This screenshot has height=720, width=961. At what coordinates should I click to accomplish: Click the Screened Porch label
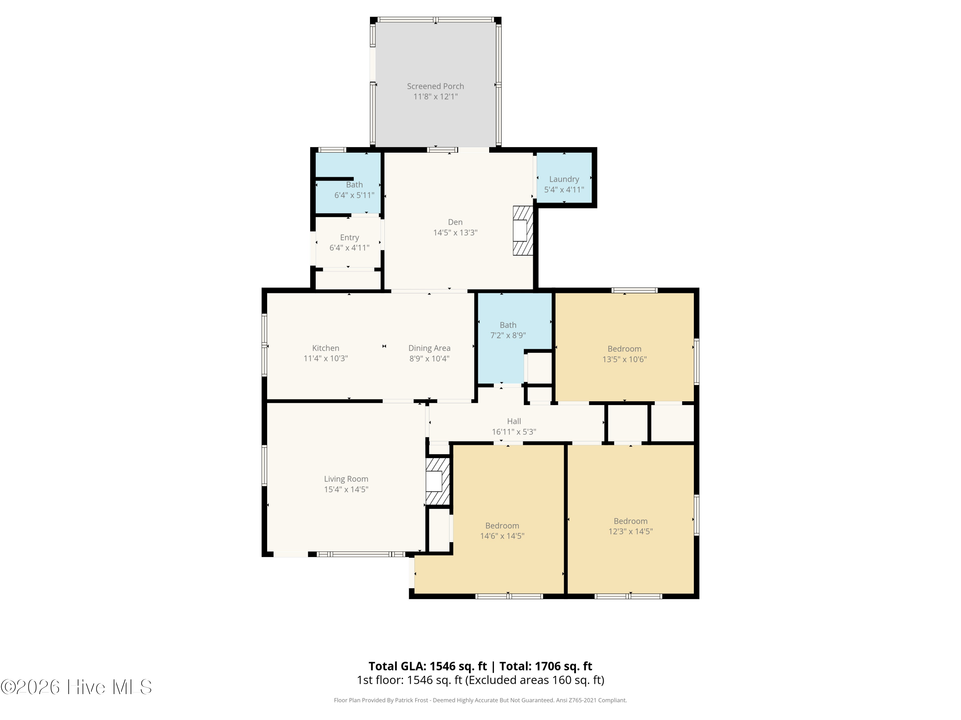point(435,86)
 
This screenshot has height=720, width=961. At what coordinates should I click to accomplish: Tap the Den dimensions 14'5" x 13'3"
point(455,233)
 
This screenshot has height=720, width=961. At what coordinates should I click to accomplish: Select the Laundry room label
point(564,179)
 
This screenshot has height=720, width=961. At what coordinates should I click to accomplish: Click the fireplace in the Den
point(523,230)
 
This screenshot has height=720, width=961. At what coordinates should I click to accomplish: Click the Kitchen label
point(325,348)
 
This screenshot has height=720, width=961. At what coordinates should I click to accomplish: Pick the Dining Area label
point(429,348)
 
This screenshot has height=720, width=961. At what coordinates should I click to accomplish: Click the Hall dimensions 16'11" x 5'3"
point(514,432)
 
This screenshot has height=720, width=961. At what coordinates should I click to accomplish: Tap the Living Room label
point(346,479)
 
